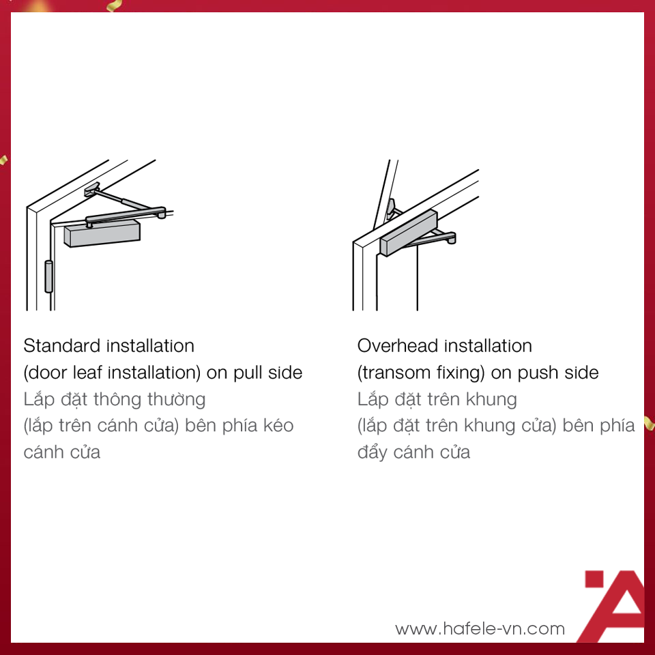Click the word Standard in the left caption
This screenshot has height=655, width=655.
click(62, 346)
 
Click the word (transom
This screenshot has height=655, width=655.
click(394, 373)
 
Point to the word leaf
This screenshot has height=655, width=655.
click(87, 373)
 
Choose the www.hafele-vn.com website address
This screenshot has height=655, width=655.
click(480, 628)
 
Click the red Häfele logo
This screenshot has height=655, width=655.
click(613, 606)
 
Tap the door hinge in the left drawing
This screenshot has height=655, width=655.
click(49, 276)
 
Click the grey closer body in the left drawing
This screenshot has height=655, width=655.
click(102, 234)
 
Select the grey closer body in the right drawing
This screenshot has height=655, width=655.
click(409, 233)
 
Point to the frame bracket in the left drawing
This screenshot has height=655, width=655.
click(91, 189)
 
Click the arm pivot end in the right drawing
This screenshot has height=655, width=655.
click(451, 239)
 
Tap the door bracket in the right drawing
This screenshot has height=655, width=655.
click(391, 209)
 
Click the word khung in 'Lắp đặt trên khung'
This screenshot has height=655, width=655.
click(491, 400)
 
